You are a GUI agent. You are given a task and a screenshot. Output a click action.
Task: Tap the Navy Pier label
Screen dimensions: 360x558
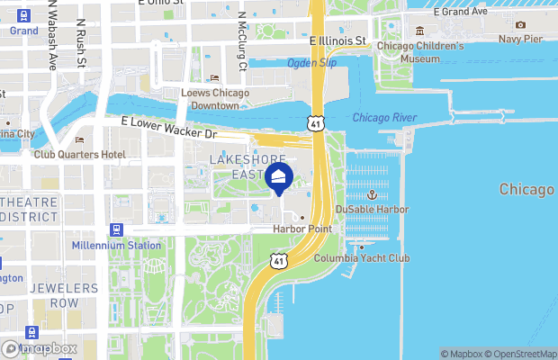tap(522, 39)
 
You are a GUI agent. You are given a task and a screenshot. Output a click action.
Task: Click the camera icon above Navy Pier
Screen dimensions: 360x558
tap(521, 25)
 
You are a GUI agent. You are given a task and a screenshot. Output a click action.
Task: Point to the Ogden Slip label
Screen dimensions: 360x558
tap(310, 63)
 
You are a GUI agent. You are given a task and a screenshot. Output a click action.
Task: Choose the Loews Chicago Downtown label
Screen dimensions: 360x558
tap(216, 99)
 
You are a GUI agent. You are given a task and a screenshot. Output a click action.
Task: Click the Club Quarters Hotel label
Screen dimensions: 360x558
tap(80, 154)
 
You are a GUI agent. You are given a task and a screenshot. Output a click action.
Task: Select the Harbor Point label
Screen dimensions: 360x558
tap(302, 229)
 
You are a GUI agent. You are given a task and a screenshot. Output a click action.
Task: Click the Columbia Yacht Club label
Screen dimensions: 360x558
tap(361, 258)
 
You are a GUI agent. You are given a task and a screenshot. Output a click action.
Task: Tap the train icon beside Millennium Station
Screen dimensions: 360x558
tap(116, 230)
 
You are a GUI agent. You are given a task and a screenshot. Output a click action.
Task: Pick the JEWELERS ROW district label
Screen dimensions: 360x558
tap(64, 296)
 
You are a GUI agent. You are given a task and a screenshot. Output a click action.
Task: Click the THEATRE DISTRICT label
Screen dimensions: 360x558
tap(28, 210)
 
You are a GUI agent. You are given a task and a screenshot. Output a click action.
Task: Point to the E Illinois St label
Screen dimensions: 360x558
tap(337, 41)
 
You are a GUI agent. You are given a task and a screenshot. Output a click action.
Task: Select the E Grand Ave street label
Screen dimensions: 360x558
tap(460, 12)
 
